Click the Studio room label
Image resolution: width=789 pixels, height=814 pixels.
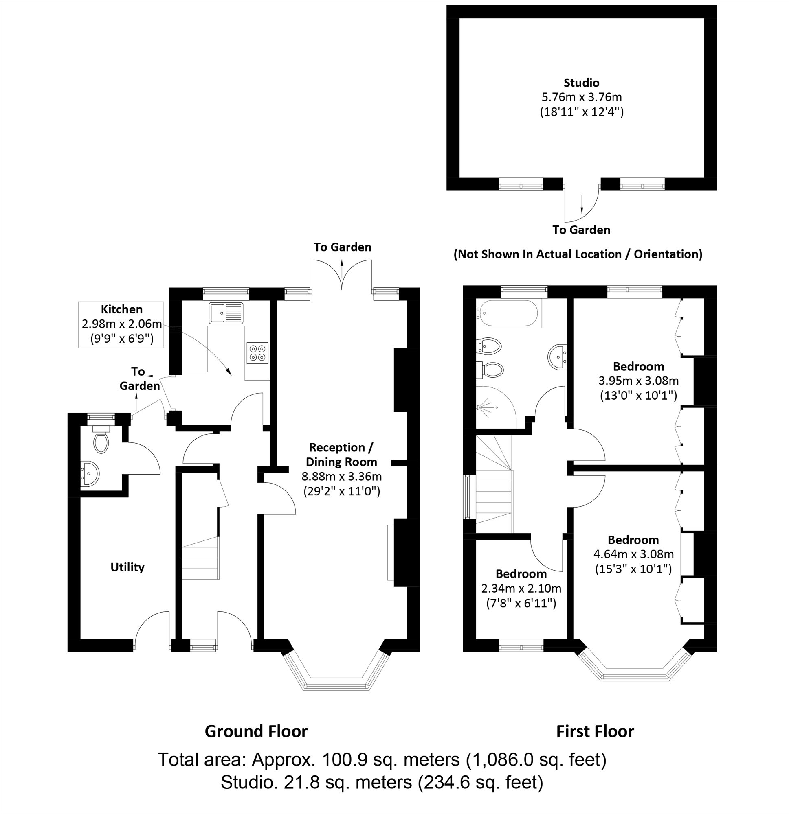pos(581,83)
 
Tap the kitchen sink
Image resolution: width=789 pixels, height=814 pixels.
pos(226,313)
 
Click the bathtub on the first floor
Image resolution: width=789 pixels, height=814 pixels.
pos(509,313)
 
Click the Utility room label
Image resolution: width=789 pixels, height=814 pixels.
pos(127,567)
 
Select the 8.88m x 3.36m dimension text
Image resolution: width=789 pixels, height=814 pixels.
pos(341,476)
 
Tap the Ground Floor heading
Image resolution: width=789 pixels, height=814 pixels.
pos(256,731)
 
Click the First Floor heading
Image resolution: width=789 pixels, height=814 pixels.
pos(595,731)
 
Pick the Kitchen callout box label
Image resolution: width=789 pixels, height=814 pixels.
pos(121,309)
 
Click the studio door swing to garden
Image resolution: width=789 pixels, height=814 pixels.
pos(581,205)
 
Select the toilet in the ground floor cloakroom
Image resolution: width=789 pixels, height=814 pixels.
pos(101,441)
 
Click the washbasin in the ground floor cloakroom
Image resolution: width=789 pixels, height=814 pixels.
pos(89,473)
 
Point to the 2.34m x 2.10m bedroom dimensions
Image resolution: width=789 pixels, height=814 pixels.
pos(521,589)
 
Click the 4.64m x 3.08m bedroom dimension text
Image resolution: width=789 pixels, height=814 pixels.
pos(633,554)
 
